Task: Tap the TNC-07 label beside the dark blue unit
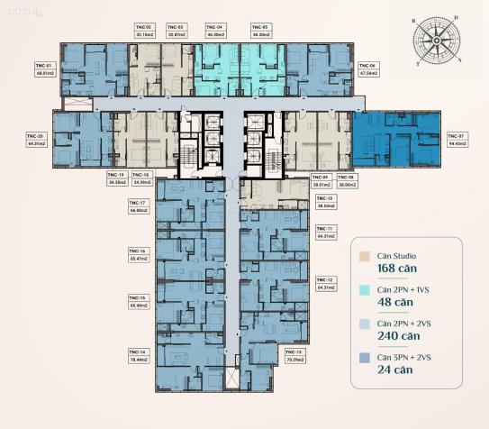coord(457,134)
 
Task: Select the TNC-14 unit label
coord(137,351)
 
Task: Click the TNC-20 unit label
coord(36,134)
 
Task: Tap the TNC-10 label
coord(324,197)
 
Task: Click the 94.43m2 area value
coord(457,142)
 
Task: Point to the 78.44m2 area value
coord(137,359)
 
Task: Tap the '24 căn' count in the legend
coord(394,369)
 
